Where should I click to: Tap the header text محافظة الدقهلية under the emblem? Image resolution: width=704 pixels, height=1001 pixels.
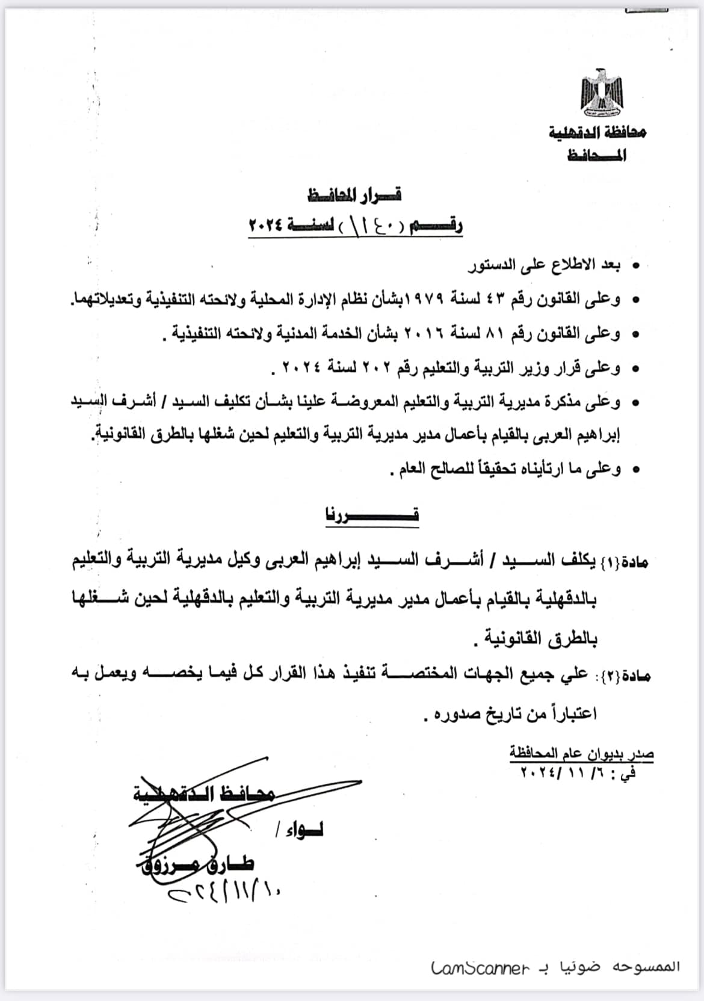coord(597,132)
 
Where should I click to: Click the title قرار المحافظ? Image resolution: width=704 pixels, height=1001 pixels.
coord(354,195)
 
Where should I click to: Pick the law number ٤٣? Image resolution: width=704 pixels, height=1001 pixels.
coord(517,299)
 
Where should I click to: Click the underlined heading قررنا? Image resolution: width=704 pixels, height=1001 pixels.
coord(372,516)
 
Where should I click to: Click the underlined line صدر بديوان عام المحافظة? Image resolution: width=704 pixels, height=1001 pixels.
coord(581,753)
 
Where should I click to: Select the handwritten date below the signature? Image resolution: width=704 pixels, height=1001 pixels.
coord(226,891)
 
